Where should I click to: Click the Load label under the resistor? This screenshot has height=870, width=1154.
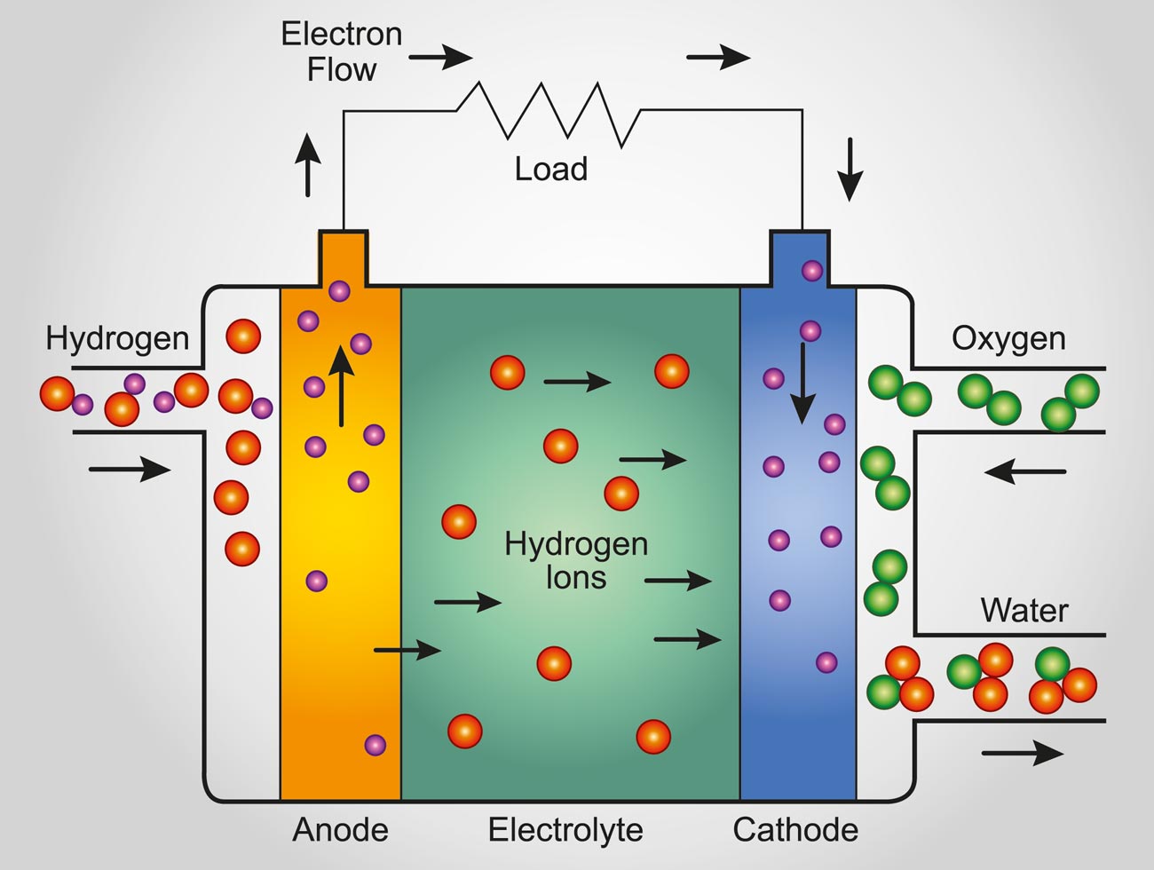point(550,169)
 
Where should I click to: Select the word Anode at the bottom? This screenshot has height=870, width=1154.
point(340,830)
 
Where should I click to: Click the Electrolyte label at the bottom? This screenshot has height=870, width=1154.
point(565,830)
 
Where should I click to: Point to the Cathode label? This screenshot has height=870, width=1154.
point(795,830)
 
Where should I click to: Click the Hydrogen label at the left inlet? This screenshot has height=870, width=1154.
point(117,338)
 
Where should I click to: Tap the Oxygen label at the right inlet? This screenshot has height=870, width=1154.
point(1008,338)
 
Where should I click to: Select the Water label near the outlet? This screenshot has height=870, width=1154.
point(1024,610)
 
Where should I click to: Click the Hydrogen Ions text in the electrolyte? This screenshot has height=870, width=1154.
point(576,560)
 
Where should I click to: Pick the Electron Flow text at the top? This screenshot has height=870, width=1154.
point(342,51)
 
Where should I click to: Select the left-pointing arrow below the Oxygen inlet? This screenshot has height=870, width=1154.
point(1025,471)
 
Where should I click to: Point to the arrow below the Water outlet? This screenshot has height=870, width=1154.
point(1022,754)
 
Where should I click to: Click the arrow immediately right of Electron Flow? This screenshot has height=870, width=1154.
point(440,59)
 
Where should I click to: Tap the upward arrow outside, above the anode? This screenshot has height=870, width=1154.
point(308,164)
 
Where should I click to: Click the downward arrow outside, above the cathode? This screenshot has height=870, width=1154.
point(850,169)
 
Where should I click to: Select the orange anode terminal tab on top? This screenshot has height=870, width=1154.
point(343,257)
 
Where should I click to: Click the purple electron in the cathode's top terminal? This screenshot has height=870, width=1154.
point(812,270)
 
